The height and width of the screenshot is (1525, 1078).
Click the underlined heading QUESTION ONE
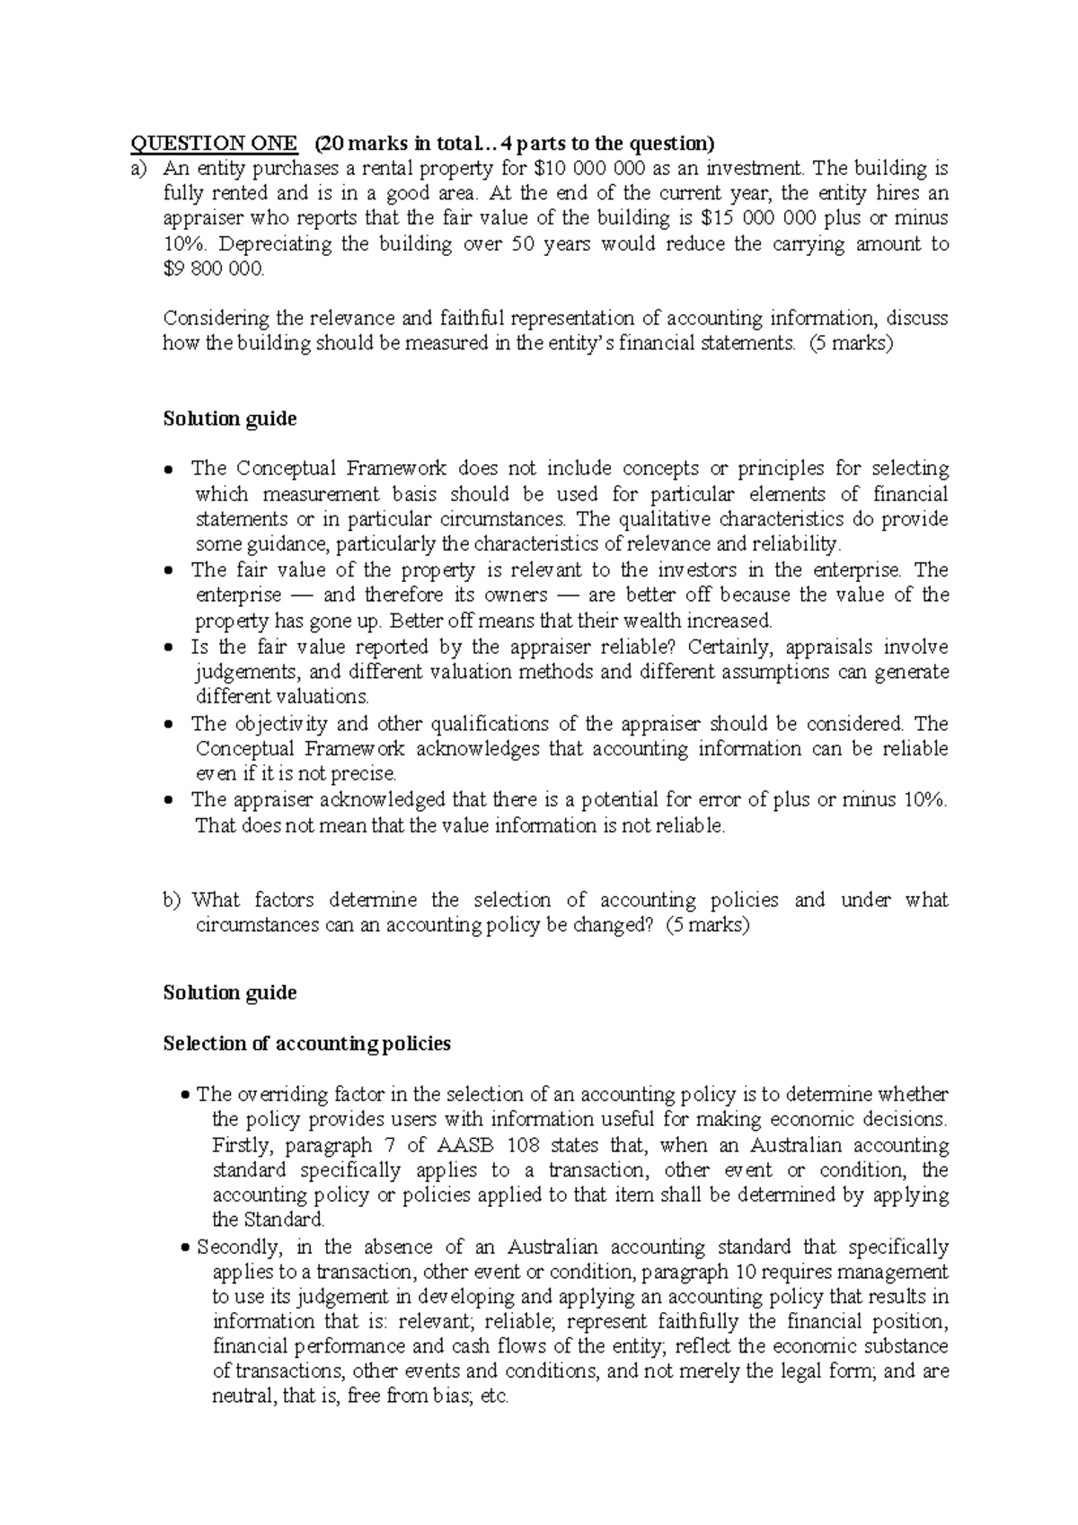(214, 143)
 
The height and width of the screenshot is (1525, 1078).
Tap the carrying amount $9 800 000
(214, 269)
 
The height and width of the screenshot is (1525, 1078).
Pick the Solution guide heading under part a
(230, 419)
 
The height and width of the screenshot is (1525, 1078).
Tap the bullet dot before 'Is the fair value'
(170, 648)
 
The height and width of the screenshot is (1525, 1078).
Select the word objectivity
(280, 723)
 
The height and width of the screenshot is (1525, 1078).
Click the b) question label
(172, 900)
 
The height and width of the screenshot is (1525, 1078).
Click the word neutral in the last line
(238, 1397)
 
